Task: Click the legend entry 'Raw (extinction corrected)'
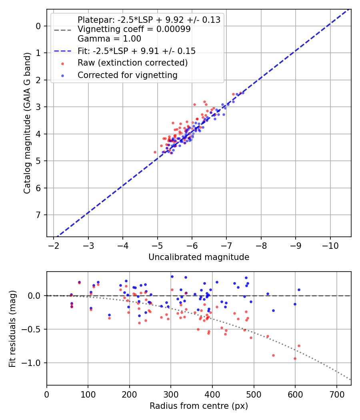[x=132, y=63]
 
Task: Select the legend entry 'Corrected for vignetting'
[x=127, y=75]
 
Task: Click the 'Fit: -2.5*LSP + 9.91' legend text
[x=136, y=51]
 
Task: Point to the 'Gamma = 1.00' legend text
[x=109, y=39]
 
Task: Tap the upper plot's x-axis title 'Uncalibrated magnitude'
[x=199, y=257]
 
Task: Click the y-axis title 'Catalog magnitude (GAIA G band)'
[x=27, y=131]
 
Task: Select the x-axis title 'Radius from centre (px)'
[x=199, y=406]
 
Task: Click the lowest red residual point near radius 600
[x=295, y=358]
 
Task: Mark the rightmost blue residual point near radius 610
[x=299, y=290]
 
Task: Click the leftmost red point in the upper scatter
[x=155, y=152]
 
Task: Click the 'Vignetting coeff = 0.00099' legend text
[x=134, y=29]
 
